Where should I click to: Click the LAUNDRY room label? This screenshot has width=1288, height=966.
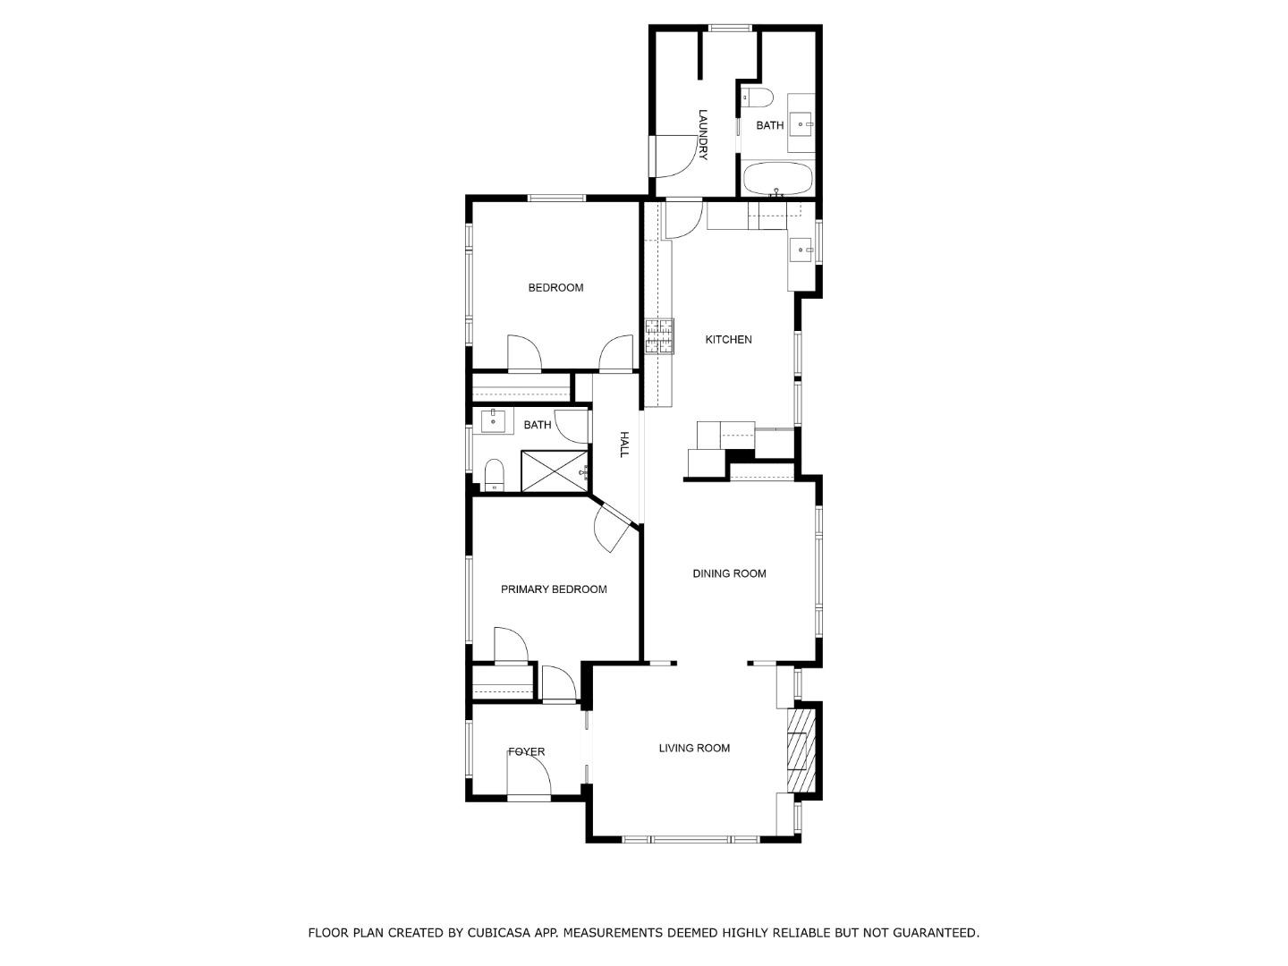point(703,134)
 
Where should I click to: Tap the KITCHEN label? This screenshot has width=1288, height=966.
point(728,340)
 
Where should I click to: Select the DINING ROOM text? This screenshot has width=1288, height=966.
point(729,573)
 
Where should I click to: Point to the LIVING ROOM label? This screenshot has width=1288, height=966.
point(694,749)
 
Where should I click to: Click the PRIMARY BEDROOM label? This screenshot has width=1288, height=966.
point(554,589)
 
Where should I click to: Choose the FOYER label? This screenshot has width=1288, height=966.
point(526,752)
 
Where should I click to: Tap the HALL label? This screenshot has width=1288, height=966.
point(623,445)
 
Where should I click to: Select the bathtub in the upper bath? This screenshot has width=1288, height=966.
point(777,179)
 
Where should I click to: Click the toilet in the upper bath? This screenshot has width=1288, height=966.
point(758,97)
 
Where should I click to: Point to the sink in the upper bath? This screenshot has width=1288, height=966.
point(802,124)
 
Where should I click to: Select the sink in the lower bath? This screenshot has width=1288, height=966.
point(493,420)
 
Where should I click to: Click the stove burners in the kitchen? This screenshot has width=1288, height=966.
point(659,336)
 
